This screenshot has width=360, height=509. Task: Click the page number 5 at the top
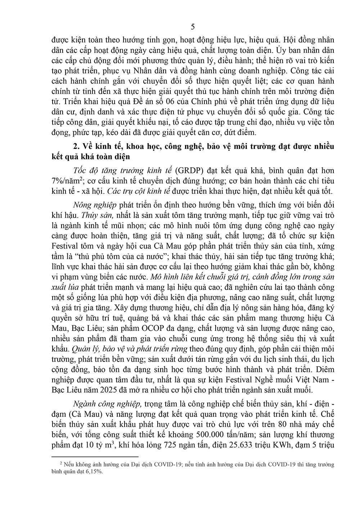coord(192,27)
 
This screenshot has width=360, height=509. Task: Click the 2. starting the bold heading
coord(76,147)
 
